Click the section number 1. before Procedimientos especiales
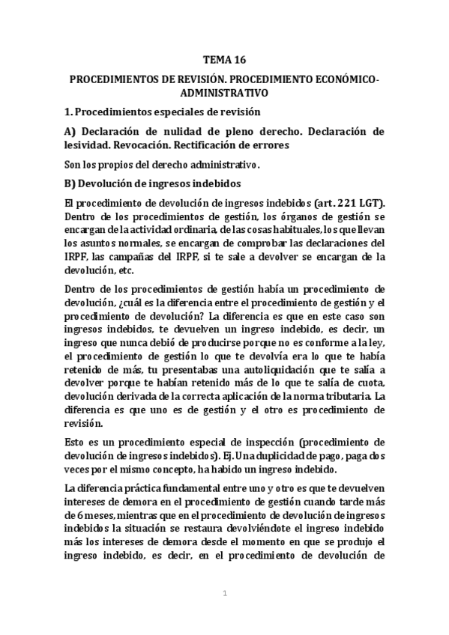pos(69,112)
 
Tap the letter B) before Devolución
pos(70,183)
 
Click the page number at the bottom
pos(224,594)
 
